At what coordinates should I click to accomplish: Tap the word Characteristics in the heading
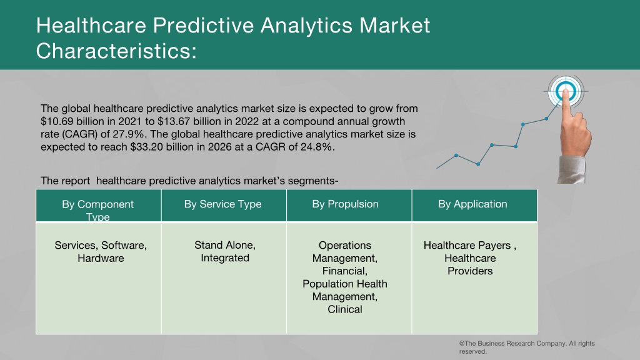[113, 51]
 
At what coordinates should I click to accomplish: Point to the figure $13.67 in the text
[174, 121]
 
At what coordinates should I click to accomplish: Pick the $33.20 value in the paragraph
[146, 147]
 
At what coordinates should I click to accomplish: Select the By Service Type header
[223, 204]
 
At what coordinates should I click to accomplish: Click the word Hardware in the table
[101, 258]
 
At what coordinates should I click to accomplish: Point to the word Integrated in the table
[225, 258]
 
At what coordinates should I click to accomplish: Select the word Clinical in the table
[345, 309]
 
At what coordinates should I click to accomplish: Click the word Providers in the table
[470, 271]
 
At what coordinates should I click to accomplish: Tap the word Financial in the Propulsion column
[345, 271]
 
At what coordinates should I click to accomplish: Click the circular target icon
[565, 91]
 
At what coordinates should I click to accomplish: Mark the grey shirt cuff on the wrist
[571, 169]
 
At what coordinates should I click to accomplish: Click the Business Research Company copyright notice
[527, 347]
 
